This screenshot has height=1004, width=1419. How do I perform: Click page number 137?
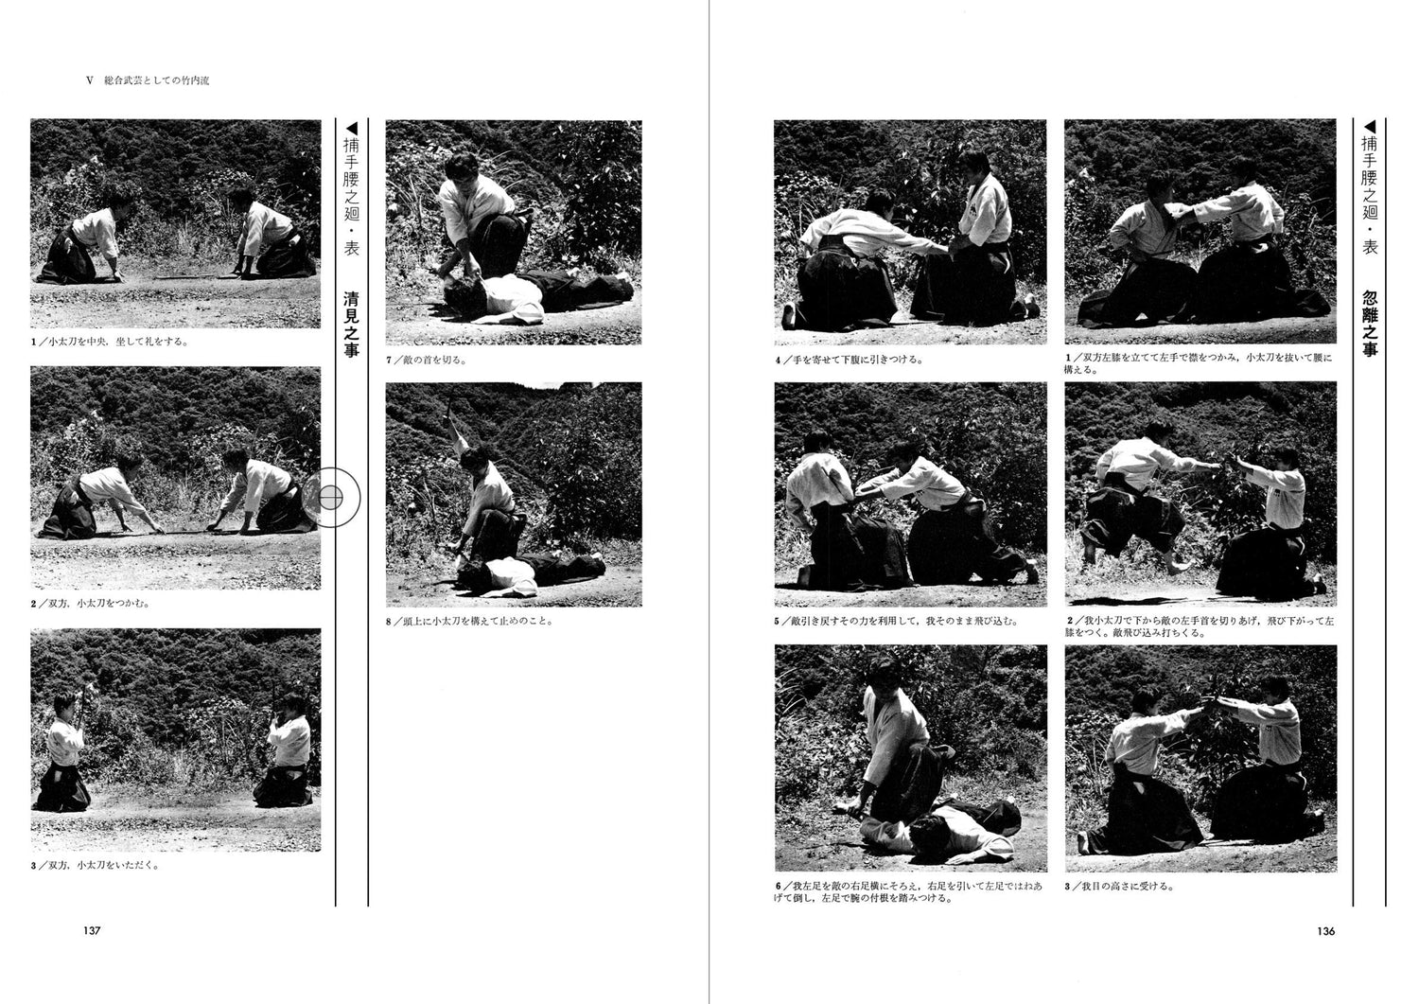click(x=92, y=930)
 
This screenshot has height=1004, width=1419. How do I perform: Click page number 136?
click(x=1325, y=930)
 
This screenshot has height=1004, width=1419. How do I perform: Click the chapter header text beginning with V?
click(x=148, y=81)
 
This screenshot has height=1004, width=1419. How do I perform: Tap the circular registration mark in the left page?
click(x=330, y=495)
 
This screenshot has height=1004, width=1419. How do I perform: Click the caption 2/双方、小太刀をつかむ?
click(x=91, y=603)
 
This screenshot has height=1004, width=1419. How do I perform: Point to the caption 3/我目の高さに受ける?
click(x=1120, y=886)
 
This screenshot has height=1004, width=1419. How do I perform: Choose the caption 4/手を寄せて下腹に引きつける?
click(x=849, y=360)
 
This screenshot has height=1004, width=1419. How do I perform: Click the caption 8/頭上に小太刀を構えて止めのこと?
click(x=469, y=622)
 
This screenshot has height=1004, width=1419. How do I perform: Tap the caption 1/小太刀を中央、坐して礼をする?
click(x=109, y=342)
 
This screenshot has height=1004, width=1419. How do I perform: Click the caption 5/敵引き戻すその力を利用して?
click(x=896, y=622)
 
